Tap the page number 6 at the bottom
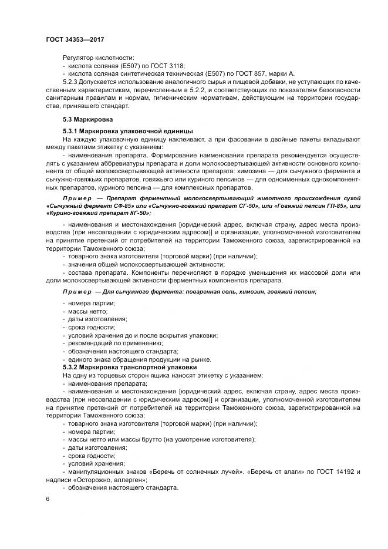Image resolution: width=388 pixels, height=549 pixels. click(48, 499)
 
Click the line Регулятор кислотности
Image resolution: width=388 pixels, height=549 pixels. click(98, 58)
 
